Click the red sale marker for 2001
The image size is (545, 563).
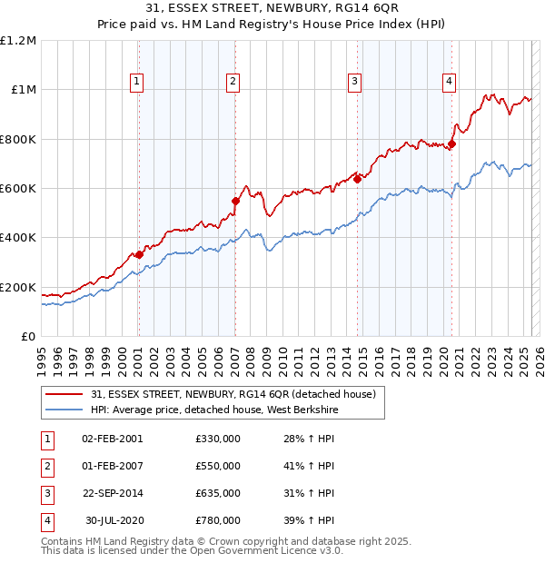[139, 255]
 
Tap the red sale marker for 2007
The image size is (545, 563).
[235, 201]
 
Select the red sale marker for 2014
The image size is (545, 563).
[358, 179]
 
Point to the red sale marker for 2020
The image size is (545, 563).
[451, 143]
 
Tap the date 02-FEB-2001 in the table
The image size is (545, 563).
[112, 439]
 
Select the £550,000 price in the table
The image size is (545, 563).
[218, 466]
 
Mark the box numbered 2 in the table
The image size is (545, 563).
[46, 466]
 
